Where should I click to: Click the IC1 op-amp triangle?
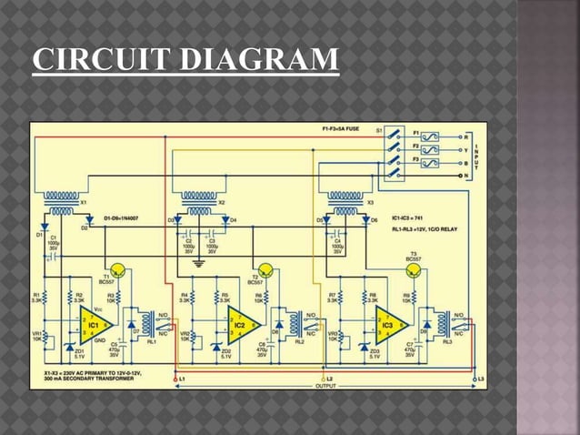pyautogui.click(x=93, y=322)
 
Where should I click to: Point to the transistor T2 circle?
pyautogui.click(x=266, y=268)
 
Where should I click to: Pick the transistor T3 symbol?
pyautogui.click(x=415, y=269)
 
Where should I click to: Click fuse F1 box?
pyautogui.click(x=429, y=137)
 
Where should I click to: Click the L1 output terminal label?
pyautogui.click(x=182, y=378)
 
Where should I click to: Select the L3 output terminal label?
pyautogui.click(x=481, y=378)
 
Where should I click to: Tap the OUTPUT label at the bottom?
pyautogui.click(x=325, y=386)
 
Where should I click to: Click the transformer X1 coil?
pyautogui.click(x=61, y=203)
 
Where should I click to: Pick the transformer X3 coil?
pyautogui.click(x=345, y=202)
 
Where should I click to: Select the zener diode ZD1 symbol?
pyautogui.click(x=69, y=348)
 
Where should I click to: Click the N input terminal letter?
pyautogui.click(x=465, y=175)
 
